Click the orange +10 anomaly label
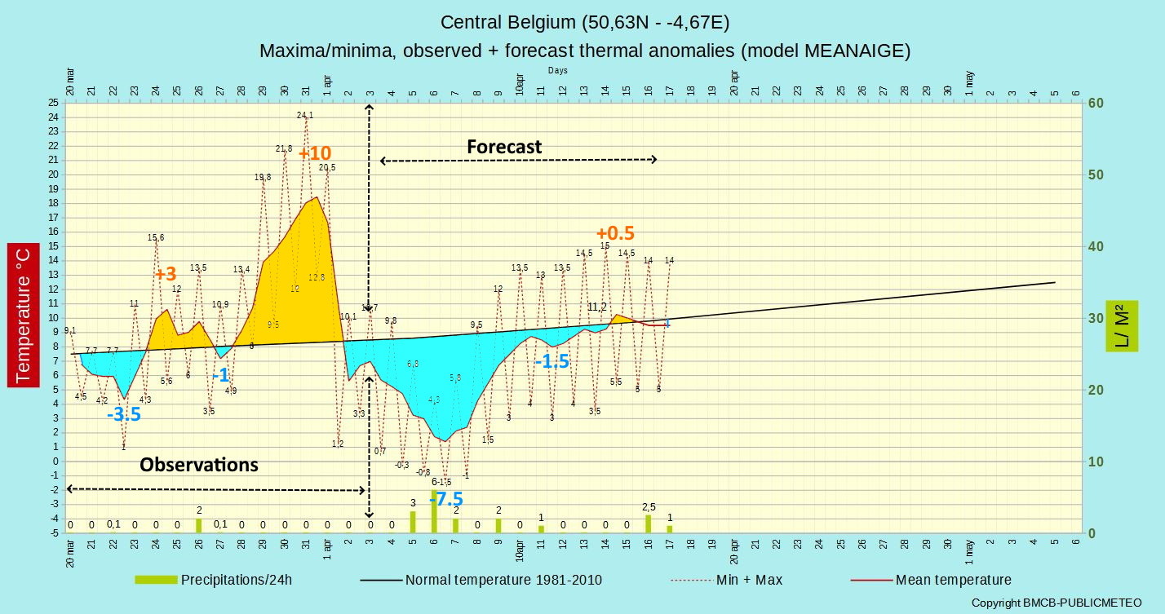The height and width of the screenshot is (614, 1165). [315, 153]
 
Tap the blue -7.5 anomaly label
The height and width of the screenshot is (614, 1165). [447, 499]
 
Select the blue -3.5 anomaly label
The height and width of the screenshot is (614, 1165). [124, 414]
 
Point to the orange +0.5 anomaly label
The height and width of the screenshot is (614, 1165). [615, 232]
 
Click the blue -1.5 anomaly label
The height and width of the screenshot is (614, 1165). [551, 361]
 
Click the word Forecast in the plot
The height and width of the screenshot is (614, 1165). [504, 147]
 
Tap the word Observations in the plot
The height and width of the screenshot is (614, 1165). [199, 465]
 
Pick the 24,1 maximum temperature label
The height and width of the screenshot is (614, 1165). [305, 115]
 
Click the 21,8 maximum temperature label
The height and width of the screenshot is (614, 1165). [284, 148]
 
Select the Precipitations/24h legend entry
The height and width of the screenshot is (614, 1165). [236, 580]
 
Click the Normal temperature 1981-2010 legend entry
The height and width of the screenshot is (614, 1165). [503, 580]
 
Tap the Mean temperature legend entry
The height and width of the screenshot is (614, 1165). [953, 580]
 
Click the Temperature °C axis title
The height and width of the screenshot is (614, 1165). [23, 315]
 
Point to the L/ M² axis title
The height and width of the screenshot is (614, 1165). [1121, 325]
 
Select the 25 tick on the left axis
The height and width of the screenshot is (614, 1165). [54, 103]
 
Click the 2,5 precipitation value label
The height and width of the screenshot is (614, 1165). [649, 506]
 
